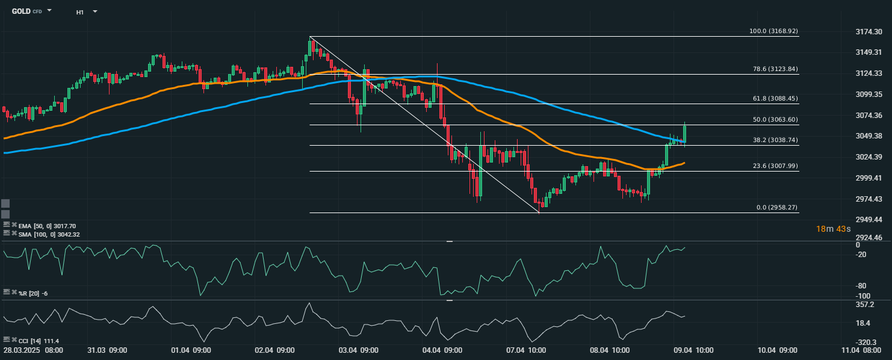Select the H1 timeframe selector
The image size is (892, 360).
tap(80, 11)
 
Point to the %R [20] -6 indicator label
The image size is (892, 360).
tap(33, 293)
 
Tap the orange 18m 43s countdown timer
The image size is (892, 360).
tap(832, 229)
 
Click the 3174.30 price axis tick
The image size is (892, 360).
tap(868, 31)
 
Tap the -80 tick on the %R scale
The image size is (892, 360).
tap(861, 285)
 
